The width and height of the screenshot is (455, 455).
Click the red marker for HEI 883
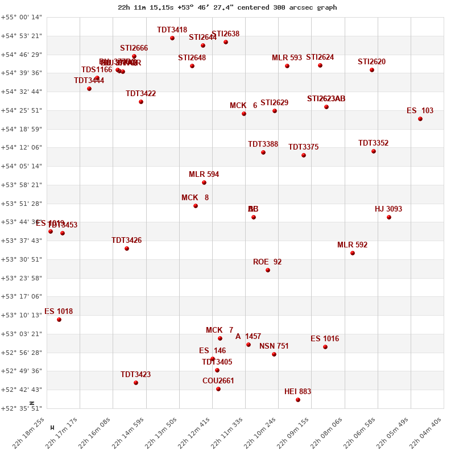pyautogui.click(x=298, y=400)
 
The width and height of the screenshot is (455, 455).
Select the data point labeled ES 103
pyautogui.click(x=420, y=119)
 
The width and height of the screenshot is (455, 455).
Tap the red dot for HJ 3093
pyautogui.click(x=389, y=217)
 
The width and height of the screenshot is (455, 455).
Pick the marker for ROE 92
pyautogui.click(x=268, y=270)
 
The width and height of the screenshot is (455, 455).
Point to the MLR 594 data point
pyautogui.click(x=204, y=183)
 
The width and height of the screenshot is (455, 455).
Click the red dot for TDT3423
pyautogui.click(x=136, y=383)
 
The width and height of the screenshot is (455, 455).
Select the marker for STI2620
pyautogui.click(x=372, y=70)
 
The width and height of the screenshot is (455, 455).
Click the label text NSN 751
pyautogui.click(x=274, y=346)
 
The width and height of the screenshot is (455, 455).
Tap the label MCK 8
pyautogui.click(x=195, y=197)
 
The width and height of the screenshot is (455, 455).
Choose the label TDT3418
pyautogui.click(x=172, y=30)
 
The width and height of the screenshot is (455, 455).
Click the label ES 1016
pyautogui.click(x=325, y=338)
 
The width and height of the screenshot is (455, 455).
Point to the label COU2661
pyautogui.click(x=218, y=380)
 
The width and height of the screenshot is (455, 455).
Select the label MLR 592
pyautogui.click(x=352, y=245)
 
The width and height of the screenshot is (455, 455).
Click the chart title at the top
pyautogui.click(x=227, y=7)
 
